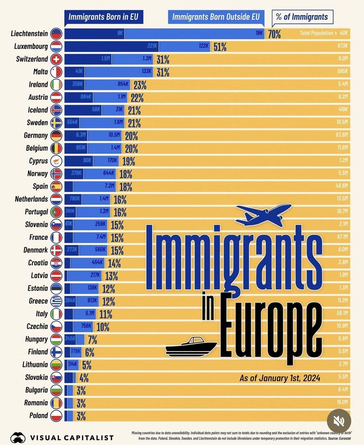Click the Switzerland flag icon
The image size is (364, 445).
tap(56, 59)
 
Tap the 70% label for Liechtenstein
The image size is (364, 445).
tap(274, 34)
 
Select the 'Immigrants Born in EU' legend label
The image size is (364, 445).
tap(103, 17)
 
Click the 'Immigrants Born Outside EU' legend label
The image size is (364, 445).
tap(216, 17)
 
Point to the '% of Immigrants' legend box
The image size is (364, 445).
tap(302, 17)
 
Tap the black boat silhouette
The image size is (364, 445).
tap(191, 347)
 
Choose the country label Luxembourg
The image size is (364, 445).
tap(31, 46)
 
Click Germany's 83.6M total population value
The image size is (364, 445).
tap(342, 135)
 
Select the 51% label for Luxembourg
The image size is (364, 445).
tap(220, 47)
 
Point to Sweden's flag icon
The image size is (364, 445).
tap(56, 123)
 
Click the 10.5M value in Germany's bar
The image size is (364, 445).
tap(114, 135)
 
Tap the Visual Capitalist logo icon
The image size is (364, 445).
tap(18, 437)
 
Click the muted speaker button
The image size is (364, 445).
tap(339, 421)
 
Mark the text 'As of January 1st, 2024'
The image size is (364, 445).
tap(280, 378)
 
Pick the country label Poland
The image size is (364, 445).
tap(39, 416)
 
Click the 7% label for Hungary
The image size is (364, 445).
tap(92, 340)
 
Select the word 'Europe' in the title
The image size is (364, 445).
tap(271, 327)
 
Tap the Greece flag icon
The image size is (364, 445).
tap(56, 301)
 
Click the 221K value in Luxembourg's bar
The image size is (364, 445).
tap(152, 46)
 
